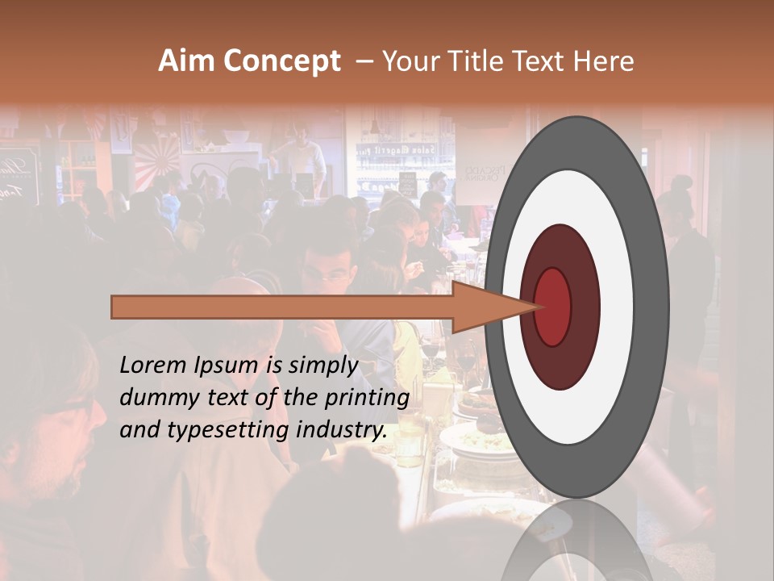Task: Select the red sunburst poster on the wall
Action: tap(157, 161)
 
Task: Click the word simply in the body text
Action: tap(322, 366)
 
